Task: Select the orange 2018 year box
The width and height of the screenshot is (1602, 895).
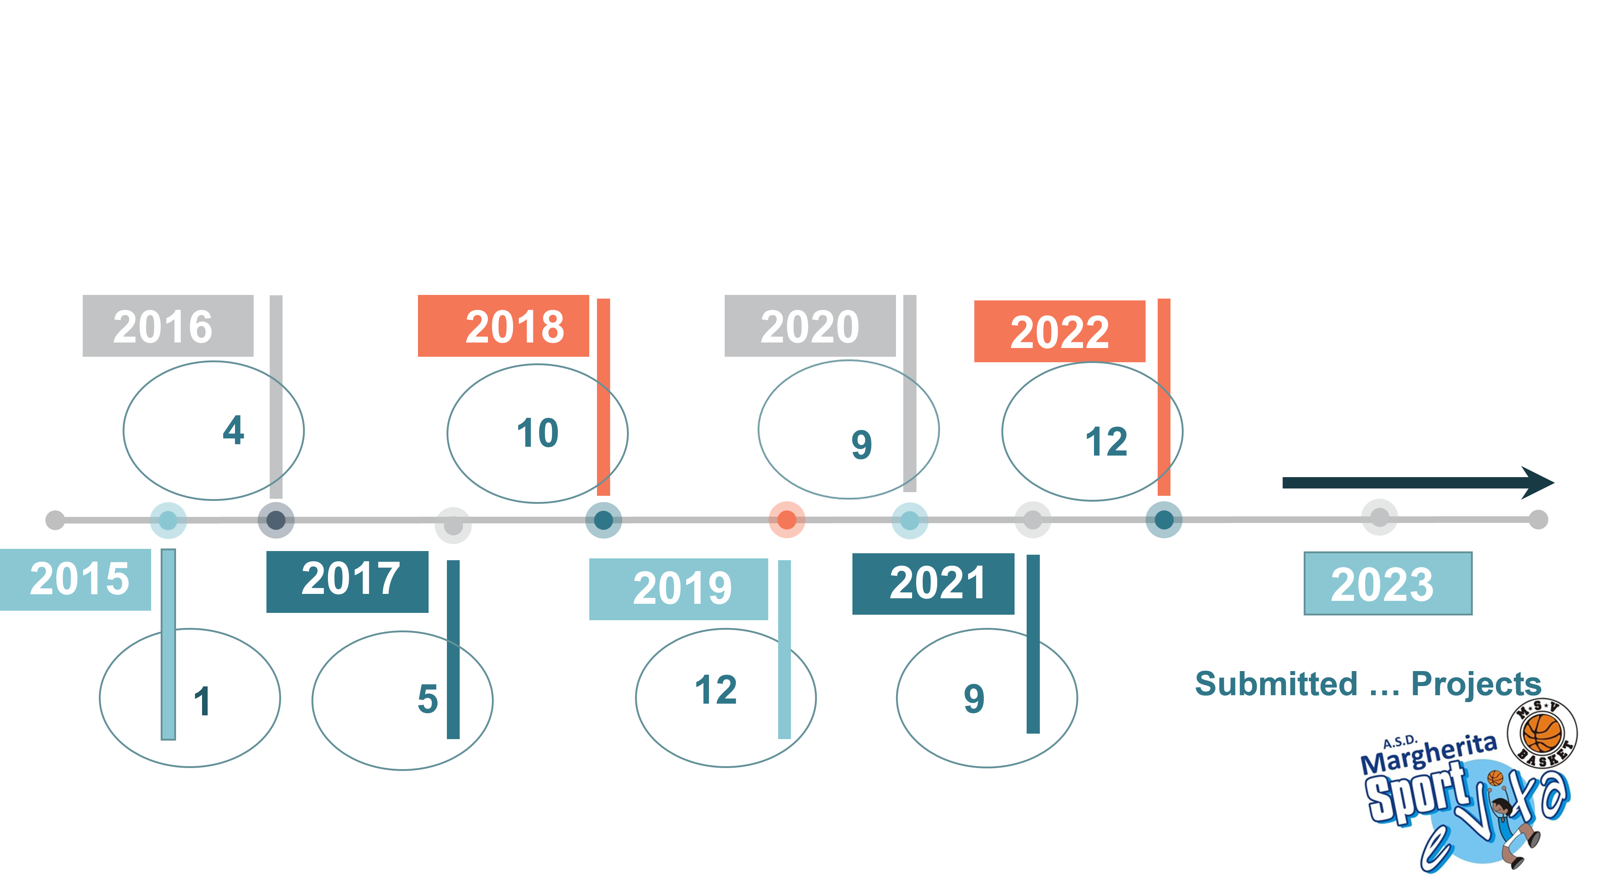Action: [x=503, y=326]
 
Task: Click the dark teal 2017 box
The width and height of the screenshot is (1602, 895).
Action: [x=347, y=582]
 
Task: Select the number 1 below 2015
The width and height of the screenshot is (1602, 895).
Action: [x=202, y=701]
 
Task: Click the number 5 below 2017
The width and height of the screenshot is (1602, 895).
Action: [x=428, y=699]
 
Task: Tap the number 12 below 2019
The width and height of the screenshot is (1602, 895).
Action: [x=716, y=690]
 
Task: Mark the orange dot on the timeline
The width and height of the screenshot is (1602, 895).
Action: [x=787, y=520]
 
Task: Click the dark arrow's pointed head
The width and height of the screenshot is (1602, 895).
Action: [x=1553, y=482]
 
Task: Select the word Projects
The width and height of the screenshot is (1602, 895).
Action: [x=1476, y=684]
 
